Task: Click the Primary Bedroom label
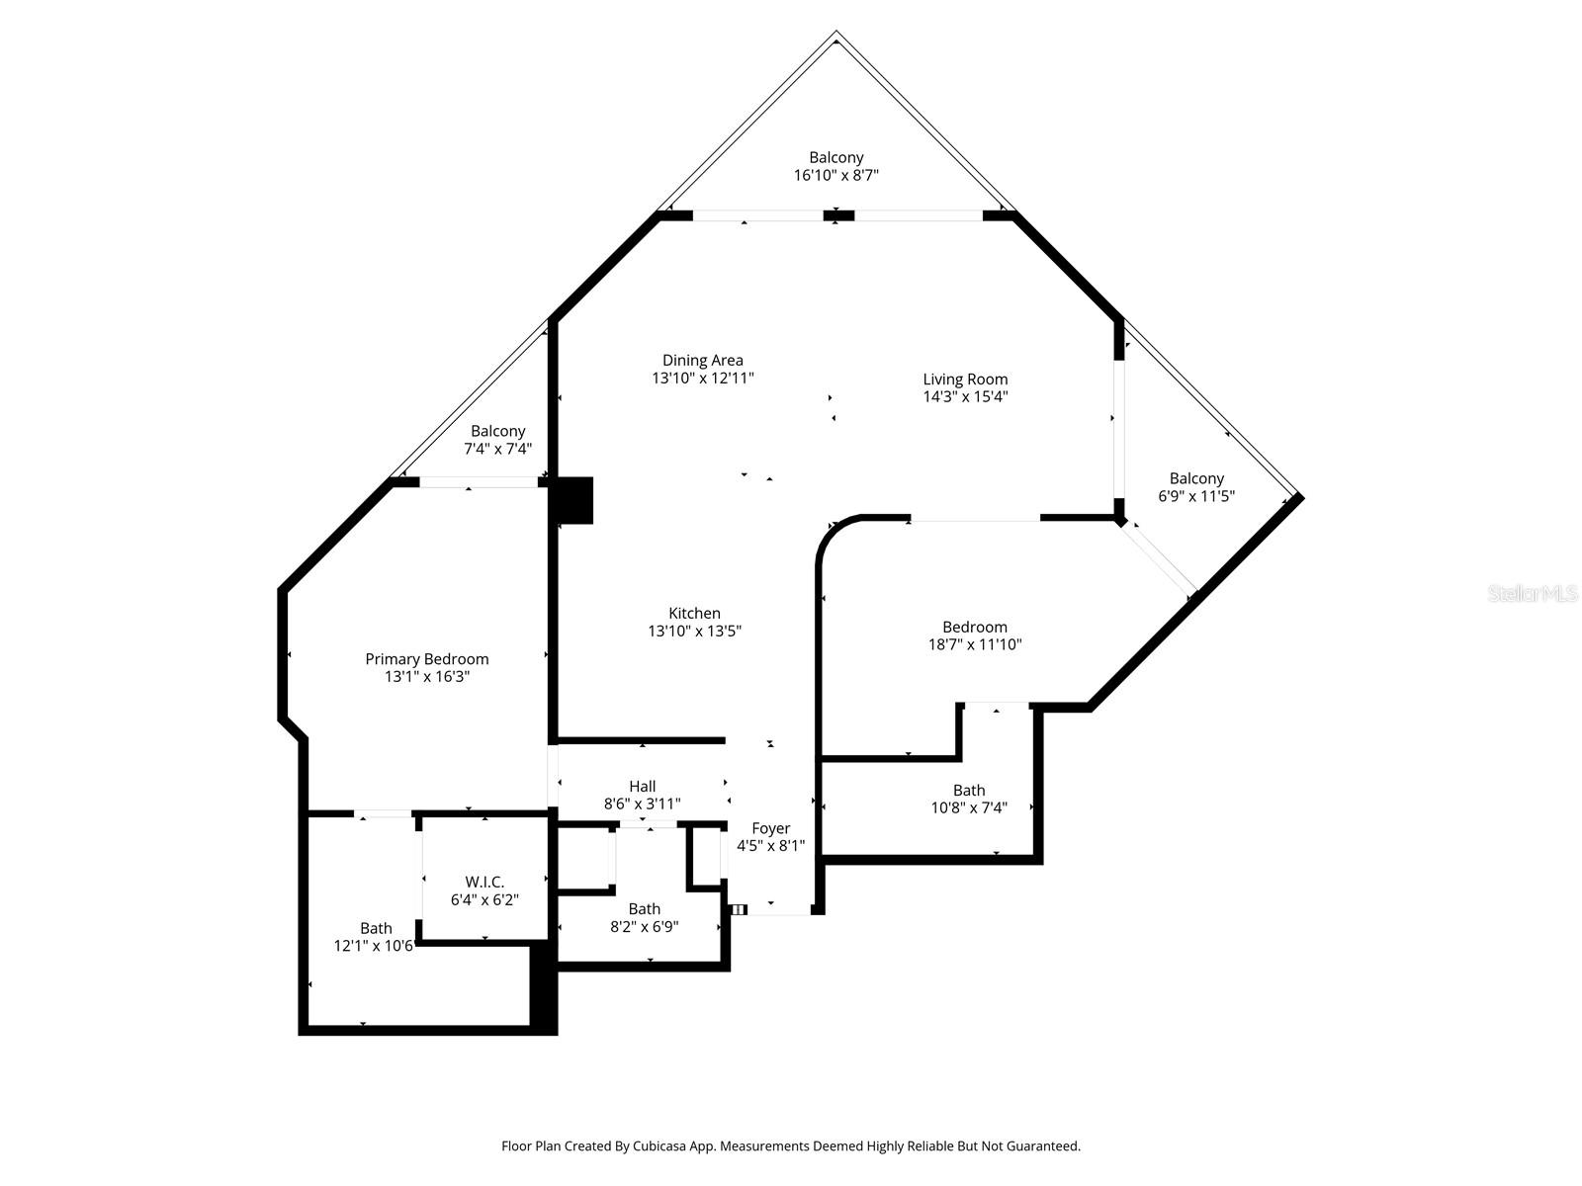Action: click(x=427, y=659)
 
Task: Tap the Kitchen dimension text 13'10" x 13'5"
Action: click(x=694, y=631)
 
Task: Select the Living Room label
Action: click(x=965, y=379)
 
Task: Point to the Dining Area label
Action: click(x=702, y=360)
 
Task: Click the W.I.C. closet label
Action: click(x=484, y=882)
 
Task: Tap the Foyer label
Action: click(x=770, y=828)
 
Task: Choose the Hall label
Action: click(x=642, y=786)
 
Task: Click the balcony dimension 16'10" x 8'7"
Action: click(x=835, y=175)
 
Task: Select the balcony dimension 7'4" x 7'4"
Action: click(x=497, y=449)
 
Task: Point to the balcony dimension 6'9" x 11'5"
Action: click(x=1195, y=496)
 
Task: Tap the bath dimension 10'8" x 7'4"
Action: click(x=968, y=807)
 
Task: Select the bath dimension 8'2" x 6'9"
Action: click(x=644, y=927)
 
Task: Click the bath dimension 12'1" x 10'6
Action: click(x=375, y=946)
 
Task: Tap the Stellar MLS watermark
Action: click(x=1533, y=594)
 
